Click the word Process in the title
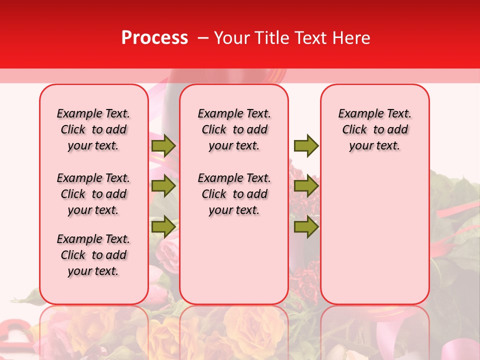point(154,38)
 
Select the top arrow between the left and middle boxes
point(163,145)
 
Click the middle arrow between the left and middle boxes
point(163,186)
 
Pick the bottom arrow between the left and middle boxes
point(163,226)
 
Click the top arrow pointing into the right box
point(306,145)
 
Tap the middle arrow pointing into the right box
point(306,186)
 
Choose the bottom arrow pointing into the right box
point(306,226)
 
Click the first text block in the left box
point(93,129)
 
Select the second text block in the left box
point(93,194)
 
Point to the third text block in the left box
point(93,255)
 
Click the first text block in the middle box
point(234,129)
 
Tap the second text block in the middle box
point(234,194)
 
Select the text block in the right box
point(374,129)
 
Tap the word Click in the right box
point(354,130)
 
